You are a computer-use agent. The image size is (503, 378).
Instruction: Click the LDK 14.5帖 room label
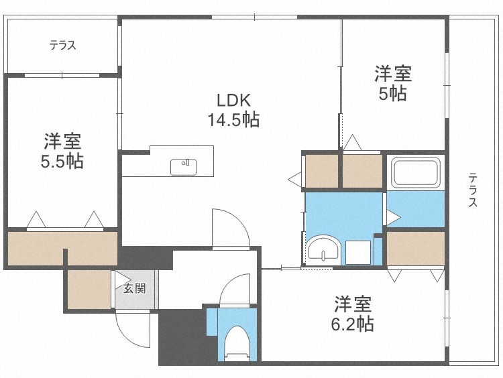233,111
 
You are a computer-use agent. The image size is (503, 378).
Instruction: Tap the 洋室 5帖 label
392,83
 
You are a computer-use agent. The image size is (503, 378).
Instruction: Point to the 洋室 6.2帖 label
354,314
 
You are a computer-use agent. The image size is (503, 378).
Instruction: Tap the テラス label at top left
62,46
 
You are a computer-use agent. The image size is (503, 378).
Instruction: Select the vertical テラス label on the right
473,191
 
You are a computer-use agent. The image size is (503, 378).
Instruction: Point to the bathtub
416,173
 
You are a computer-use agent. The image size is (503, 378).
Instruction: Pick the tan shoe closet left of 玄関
89,288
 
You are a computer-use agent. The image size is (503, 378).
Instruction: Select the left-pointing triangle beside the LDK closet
294,179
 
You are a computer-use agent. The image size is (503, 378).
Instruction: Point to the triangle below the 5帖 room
353,143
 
